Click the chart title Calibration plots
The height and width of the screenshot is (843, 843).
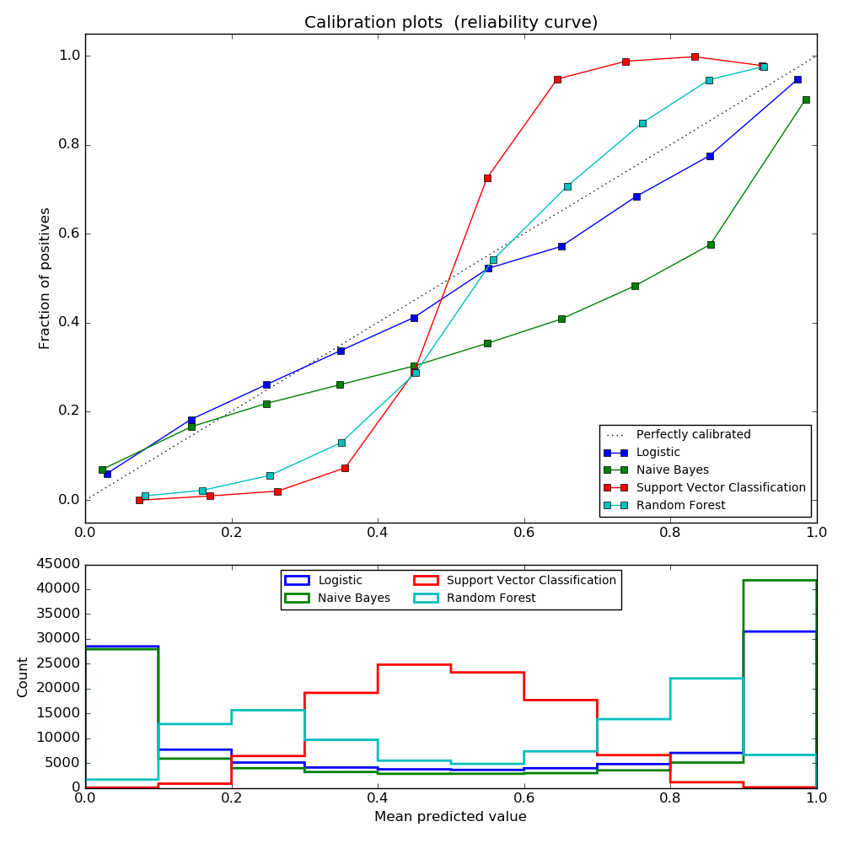tap(451, 23)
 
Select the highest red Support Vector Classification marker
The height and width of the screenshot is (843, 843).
tap(695, 56)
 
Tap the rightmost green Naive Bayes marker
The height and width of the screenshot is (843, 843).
tap(806, 99)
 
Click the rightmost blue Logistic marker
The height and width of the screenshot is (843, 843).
tap(797, 79)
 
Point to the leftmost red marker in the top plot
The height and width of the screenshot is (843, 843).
tap(139, 500)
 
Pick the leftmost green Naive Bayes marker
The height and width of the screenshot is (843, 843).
tap(102, 470)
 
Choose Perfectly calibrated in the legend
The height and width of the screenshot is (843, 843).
tap(693, 434)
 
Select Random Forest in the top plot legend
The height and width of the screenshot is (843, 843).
tap(680, 505)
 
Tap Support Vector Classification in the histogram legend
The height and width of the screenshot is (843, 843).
tap(531, 580)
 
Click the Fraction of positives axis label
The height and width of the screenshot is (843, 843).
tap(46, 278)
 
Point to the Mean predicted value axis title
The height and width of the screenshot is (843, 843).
tap(450, 816)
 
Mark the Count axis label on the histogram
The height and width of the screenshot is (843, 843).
tap(23, 677)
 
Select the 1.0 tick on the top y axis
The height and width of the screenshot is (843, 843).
tap(68, 56)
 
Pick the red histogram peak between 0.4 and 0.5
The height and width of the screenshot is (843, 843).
tap(414, 664)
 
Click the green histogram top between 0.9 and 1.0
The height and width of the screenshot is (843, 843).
tap(780, 580)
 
